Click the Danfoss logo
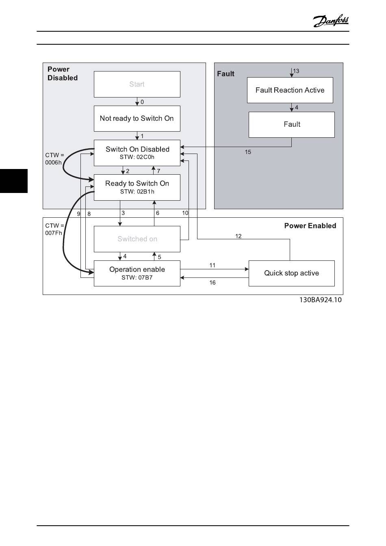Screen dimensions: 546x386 [330, 21]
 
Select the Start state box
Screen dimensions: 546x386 [137, 84]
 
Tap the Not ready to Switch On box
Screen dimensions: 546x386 [137, 119]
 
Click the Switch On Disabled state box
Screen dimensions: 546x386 [137, 153]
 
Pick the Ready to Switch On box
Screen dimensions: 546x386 [137, 187]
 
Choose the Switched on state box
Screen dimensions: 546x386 [137, 239]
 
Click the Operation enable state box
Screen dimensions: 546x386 [137, 273]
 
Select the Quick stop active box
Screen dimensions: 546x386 [291, 273]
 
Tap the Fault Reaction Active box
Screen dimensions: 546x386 [290, 90]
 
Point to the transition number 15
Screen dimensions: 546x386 [248, 152]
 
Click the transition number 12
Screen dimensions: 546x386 [238, 236]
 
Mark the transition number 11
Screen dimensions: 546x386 [213, 265]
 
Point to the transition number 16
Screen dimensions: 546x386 [213, 283]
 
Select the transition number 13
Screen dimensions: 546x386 [296, 71]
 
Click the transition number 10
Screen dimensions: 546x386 [185, 213]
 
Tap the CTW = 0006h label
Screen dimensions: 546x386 [54, 159]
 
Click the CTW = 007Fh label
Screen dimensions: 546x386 [54, 229]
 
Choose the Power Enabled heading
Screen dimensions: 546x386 [310, 226]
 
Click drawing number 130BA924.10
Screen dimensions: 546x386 [320, 300]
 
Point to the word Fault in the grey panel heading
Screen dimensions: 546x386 [226, 74]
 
